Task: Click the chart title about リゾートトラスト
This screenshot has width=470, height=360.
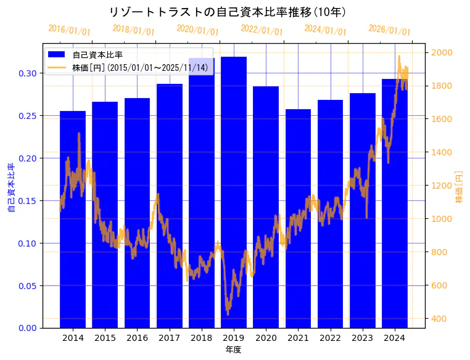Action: (227, 12)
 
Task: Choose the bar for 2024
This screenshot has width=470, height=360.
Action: (395, 203)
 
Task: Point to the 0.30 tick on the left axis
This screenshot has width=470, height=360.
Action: (28, 73)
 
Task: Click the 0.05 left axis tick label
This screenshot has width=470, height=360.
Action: (28, 286)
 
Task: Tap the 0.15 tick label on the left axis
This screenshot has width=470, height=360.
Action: (28, 201)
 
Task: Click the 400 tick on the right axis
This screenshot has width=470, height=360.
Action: (439, 319)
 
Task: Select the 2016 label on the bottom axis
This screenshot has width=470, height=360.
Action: (137, 338)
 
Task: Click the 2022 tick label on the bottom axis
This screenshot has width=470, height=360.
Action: (330, 338)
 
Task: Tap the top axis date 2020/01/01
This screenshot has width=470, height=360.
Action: (197, 30)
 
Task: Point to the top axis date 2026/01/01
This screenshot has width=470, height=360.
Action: (389, 30)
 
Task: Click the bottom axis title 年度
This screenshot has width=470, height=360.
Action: (233, 350)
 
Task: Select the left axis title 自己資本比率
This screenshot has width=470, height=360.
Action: (10, 187)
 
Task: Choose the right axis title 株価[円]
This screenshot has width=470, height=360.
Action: (460, 187)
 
